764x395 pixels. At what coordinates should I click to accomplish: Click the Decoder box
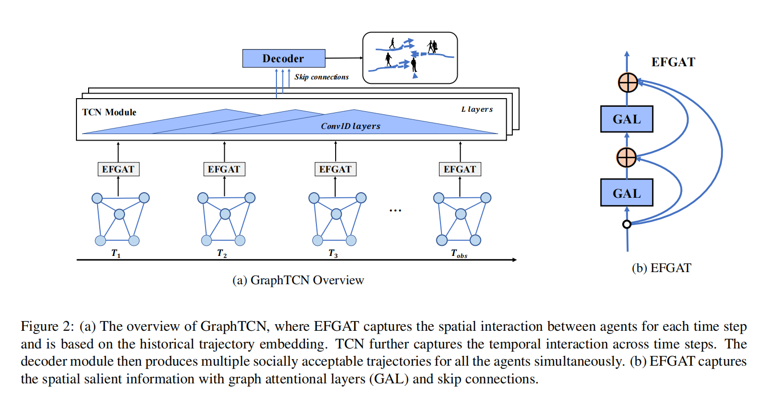tap(283, 58)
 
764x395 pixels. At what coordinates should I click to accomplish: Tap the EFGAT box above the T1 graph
tap(118, 169)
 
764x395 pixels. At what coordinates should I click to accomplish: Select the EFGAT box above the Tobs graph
tap(460, 169)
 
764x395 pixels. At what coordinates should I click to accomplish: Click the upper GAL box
tap(627, 119)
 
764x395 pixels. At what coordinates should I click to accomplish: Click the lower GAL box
tap(627, 193)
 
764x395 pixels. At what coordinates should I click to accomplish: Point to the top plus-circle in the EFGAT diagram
tap(627, 82)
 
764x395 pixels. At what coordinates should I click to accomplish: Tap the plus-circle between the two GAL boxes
tap(627, 157)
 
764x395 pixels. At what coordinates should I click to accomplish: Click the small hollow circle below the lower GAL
tap(627, 224)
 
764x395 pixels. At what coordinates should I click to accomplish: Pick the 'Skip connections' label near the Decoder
tap(321, 77)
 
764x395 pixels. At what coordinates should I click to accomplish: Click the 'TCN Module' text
tap(109, 112)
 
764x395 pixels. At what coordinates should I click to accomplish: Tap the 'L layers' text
tap(477, 109)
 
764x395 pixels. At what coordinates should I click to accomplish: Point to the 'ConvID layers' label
tap(350, 126)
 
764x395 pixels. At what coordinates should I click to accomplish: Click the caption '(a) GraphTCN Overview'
tap(298, 280)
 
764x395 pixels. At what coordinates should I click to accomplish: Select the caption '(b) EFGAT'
tap(661, 268)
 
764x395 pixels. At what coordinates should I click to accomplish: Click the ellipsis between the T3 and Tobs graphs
tap(395, 209)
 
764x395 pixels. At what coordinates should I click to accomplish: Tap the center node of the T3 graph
tap(336, 214)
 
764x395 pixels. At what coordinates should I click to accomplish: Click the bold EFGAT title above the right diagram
tap(673, 62)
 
